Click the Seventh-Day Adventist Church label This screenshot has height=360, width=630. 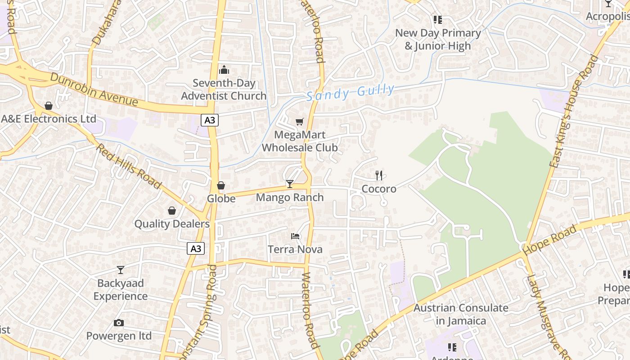[x=224, y=90]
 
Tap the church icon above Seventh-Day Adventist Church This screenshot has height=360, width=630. [x=224, y=70]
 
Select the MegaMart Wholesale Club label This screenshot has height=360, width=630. [x=300, y=141]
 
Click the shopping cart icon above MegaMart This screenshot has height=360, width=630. [x=300, y=121]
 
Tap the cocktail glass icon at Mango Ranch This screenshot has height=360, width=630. [x=289, y=184]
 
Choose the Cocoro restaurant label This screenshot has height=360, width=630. [x=379, y=189]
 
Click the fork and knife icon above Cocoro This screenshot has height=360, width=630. [x=379, y=175]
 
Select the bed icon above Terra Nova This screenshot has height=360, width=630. [x=295, y=236]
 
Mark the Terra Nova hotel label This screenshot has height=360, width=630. [x=295, y=249]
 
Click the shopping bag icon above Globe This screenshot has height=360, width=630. [x=221, y=185]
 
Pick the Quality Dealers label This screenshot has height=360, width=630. [x=172, y=224]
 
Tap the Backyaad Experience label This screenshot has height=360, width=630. [x=120, y=290]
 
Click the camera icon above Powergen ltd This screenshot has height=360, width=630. [x=119, y=323]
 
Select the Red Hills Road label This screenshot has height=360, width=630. [x=129, y=166]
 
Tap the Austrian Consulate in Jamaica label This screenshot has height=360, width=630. [x=461, y=314]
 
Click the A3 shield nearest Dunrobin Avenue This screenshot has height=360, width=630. [x=210, y=120]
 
